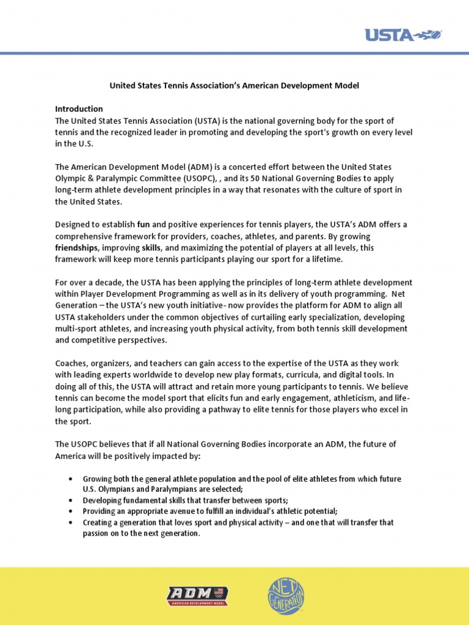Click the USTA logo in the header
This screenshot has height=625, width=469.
click(403, 35)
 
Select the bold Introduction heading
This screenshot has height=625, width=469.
click(79, 109)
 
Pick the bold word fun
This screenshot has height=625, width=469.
click(144, 224)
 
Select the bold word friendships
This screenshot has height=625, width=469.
click(76, 248)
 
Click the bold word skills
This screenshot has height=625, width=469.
click(151, 248)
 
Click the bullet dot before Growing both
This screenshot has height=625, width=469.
click(72, 479)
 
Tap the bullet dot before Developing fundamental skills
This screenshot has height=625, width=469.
click(72, 500)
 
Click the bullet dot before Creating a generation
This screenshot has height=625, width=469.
click(72, 523)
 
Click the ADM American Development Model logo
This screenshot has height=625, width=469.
click(197, 596)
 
